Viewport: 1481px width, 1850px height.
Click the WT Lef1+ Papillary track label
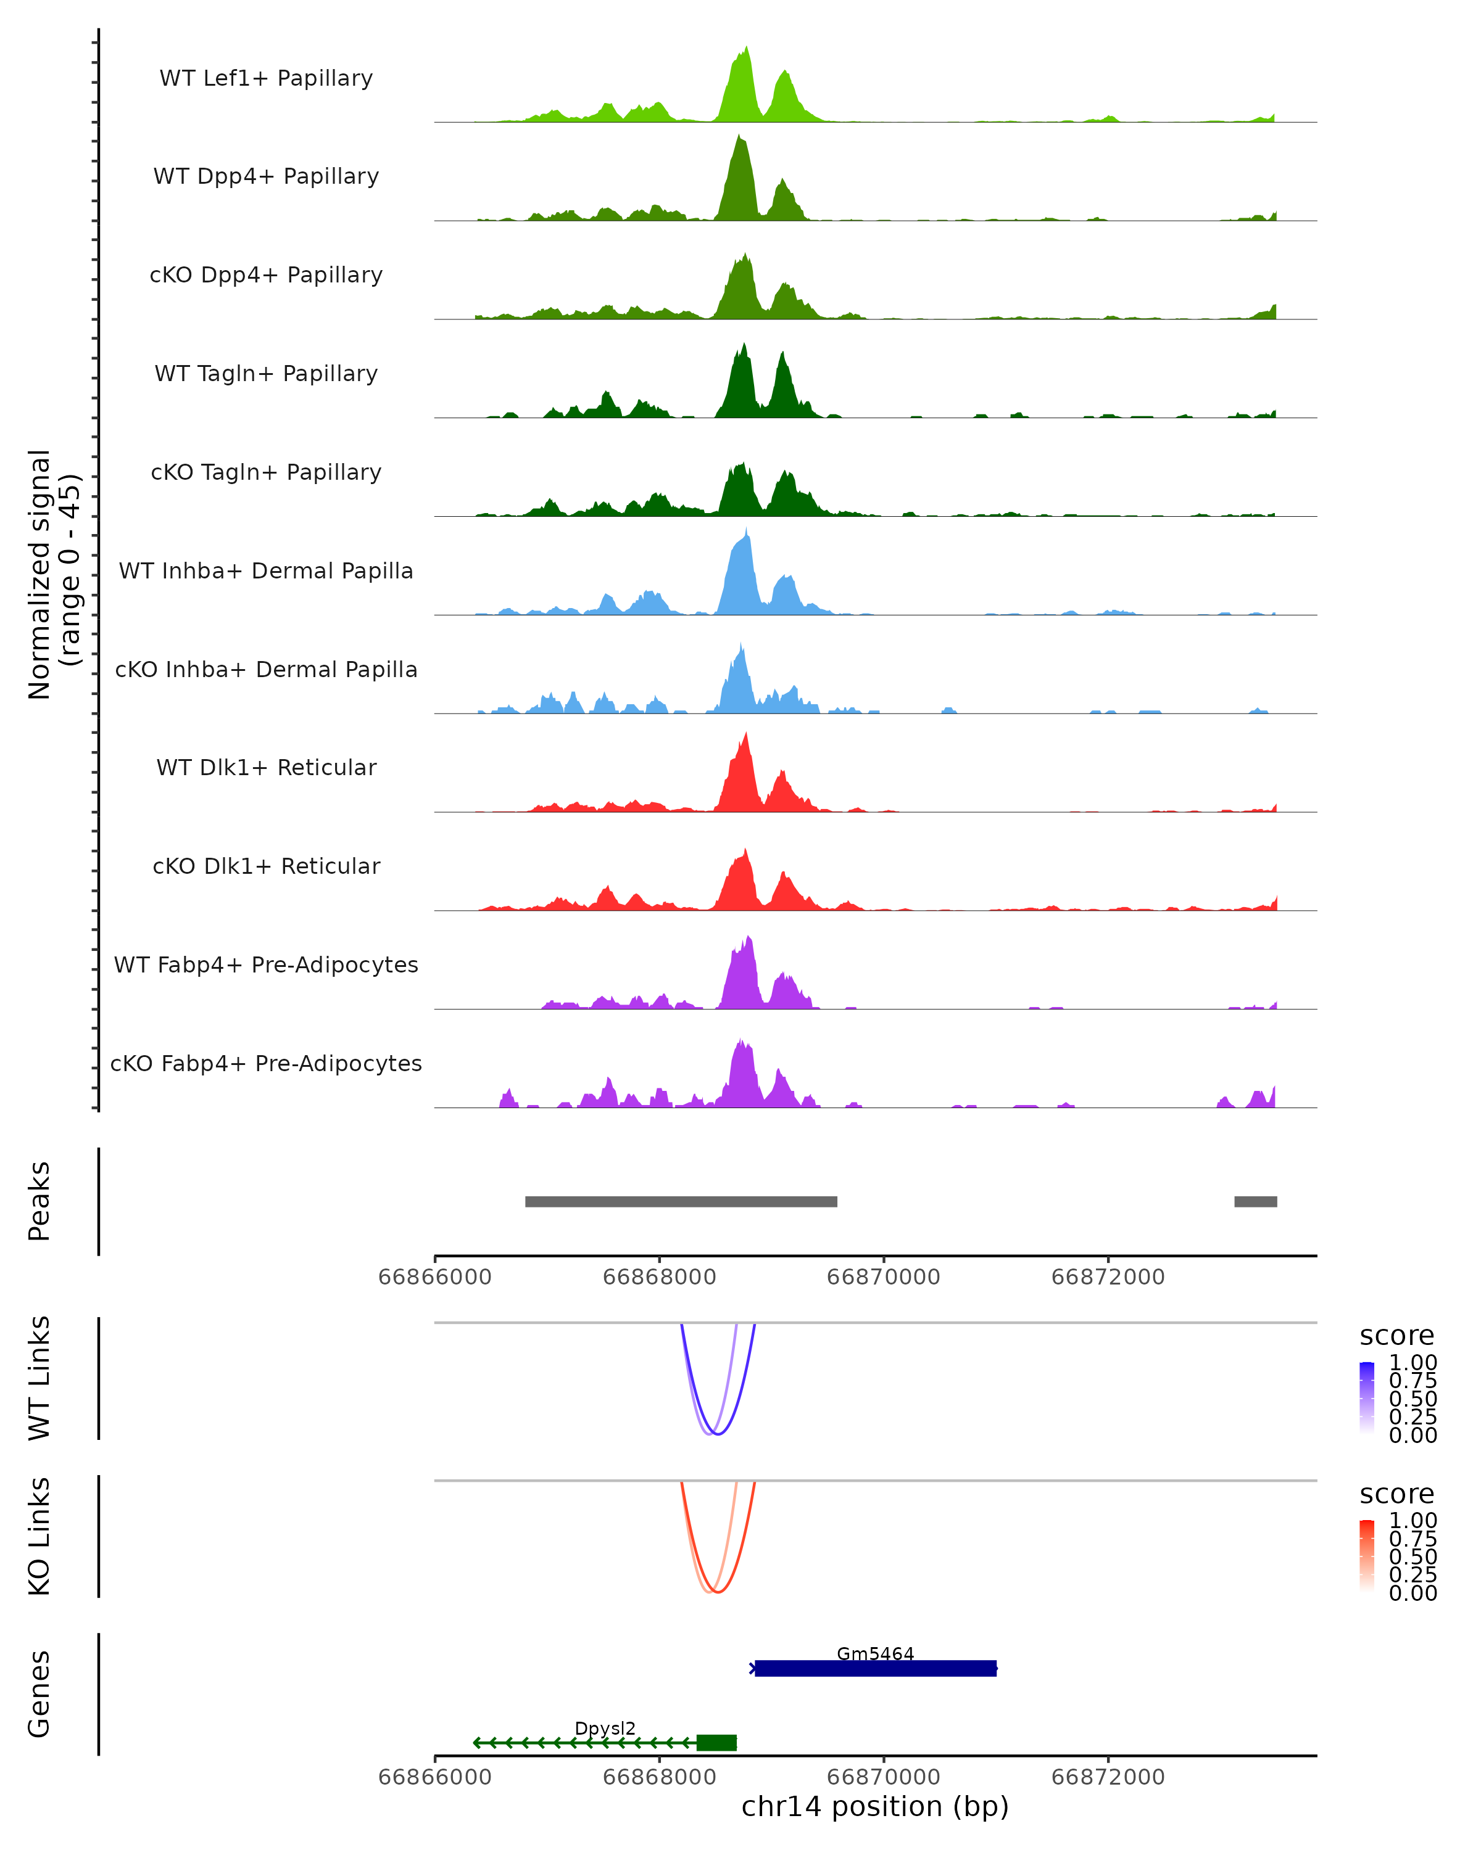(266, 78)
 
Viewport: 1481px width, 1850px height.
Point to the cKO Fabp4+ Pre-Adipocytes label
(266, 1063)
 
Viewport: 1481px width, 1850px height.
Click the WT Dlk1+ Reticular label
(266, 768)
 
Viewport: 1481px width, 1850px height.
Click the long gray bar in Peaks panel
(681, 1201)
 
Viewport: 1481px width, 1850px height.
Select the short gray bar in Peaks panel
(1255, 1201)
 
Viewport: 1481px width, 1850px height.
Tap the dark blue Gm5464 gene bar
(875, 1669)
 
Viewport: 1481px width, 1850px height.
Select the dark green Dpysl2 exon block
(716, 1743)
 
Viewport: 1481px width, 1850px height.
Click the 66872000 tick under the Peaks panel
(1108, 1277)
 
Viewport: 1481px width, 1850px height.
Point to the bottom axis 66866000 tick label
(434, 1777)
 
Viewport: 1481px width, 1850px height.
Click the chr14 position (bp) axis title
(875, 1807)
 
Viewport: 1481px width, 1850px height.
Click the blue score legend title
(1397, 1336)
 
